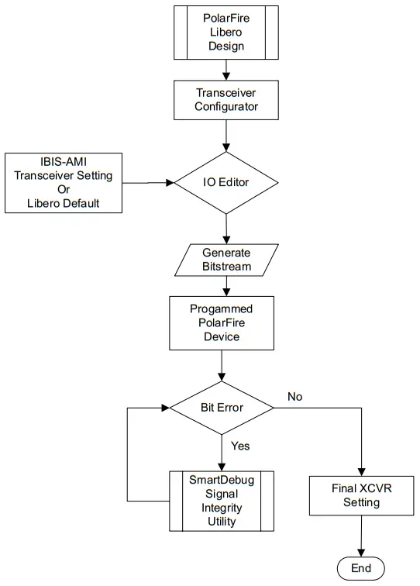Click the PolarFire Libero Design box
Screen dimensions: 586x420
click(225, 33)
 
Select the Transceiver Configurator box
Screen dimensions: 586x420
click(225, 99)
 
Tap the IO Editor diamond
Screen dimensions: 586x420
click(225, 183)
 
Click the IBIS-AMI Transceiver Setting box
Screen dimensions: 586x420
click(63, 183)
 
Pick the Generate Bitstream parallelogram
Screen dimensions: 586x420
click(226, 260)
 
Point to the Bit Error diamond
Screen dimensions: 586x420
click(222, 408)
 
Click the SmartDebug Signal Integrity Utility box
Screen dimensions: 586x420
click(222, 500)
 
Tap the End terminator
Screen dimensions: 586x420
click(361, 568)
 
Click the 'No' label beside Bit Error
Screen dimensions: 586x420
click(294, 397)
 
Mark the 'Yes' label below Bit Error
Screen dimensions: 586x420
click(240, 446)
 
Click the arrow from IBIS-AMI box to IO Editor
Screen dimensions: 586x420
click(147, 183)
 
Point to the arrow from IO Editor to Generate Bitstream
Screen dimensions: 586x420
click(225, 229)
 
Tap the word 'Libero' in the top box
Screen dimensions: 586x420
click(225, 33)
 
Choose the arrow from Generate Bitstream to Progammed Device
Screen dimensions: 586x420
click(225, 285)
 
